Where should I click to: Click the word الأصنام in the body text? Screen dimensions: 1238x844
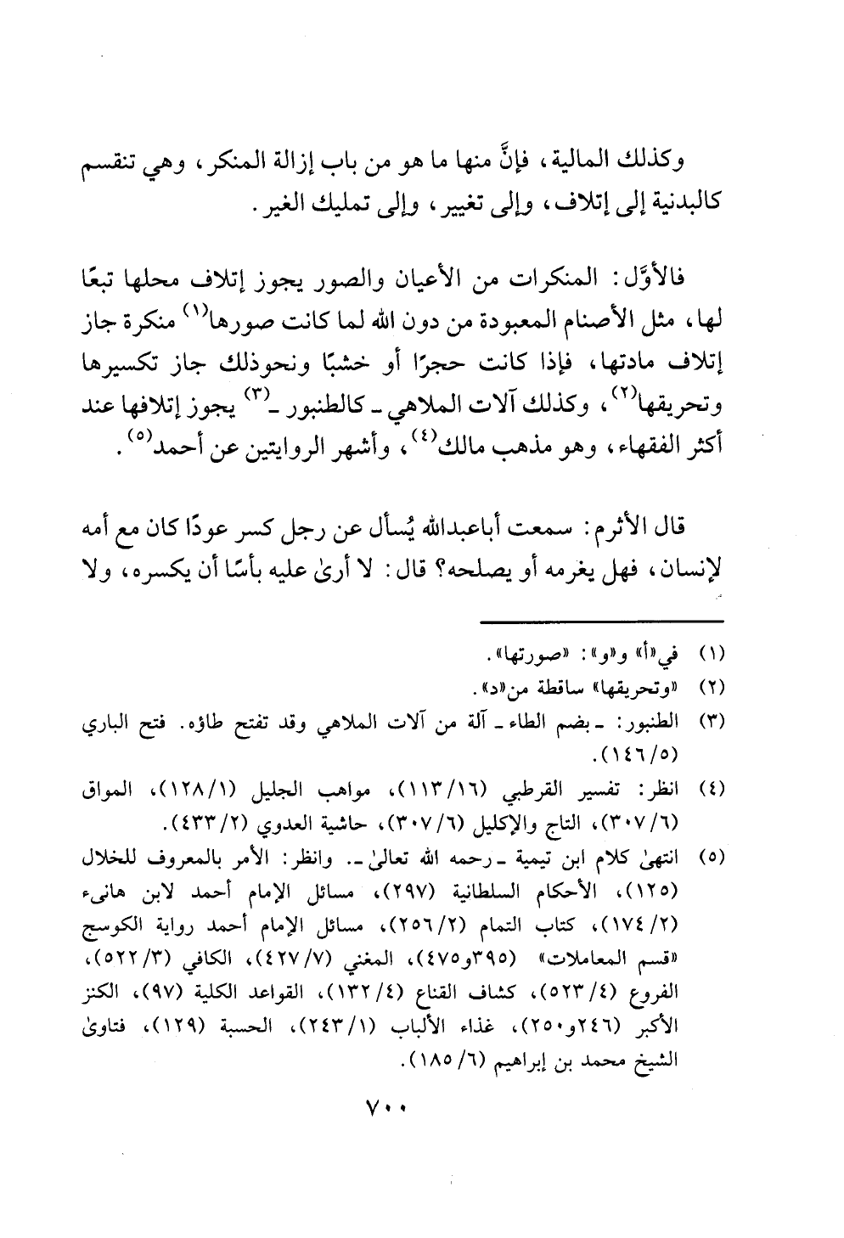tap(581, 324)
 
